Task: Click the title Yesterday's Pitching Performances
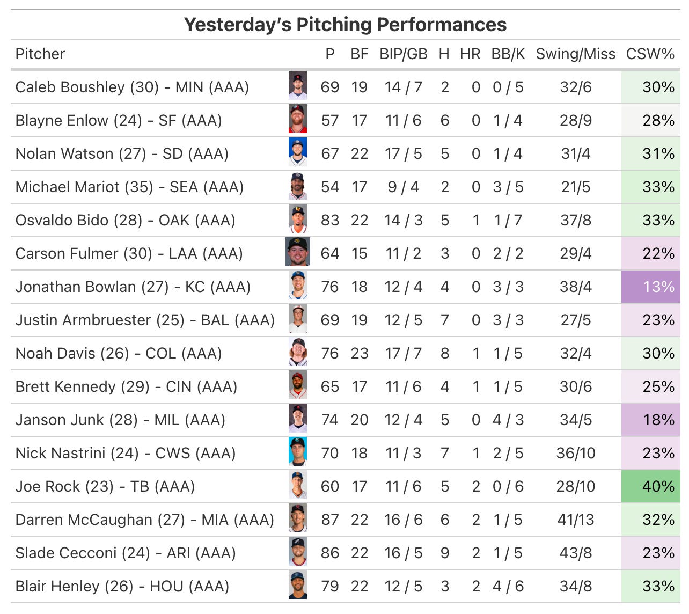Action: [345, 25]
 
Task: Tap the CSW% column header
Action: [650, 54]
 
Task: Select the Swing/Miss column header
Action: [575, 54]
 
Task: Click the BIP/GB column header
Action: [403, 54]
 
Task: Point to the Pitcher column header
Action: [40, 54]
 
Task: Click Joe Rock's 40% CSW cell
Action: [650, 486]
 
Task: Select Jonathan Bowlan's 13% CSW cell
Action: [650, 287]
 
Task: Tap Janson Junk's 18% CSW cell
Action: [650, 420]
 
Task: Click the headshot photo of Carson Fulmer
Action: [298, 253]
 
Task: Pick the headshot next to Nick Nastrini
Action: [298, 452]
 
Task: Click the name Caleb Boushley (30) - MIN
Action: [132, 87]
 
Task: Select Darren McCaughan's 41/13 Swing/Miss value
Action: [575, 520]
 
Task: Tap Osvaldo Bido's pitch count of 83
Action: [330, 220]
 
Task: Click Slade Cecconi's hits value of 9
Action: [444, 553]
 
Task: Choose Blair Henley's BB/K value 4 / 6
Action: [508, 586]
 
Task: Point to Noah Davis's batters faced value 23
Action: [360, 353]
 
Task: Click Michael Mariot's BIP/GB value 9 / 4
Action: [403, 187]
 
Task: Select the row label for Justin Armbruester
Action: [145, 320]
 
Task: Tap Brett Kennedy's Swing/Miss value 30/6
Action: [575, 386]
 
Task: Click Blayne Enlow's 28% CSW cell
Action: [650, 120]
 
